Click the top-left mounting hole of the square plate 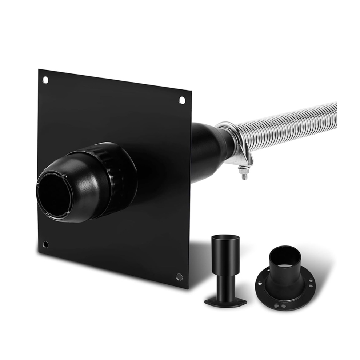(45, 79)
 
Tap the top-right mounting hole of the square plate (182, 100)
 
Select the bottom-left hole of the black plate (46, 244)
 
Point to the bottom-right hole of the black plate (179, 277)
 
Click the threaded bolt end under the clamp (244, 176)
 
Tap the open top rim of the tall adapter (225, 238)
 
